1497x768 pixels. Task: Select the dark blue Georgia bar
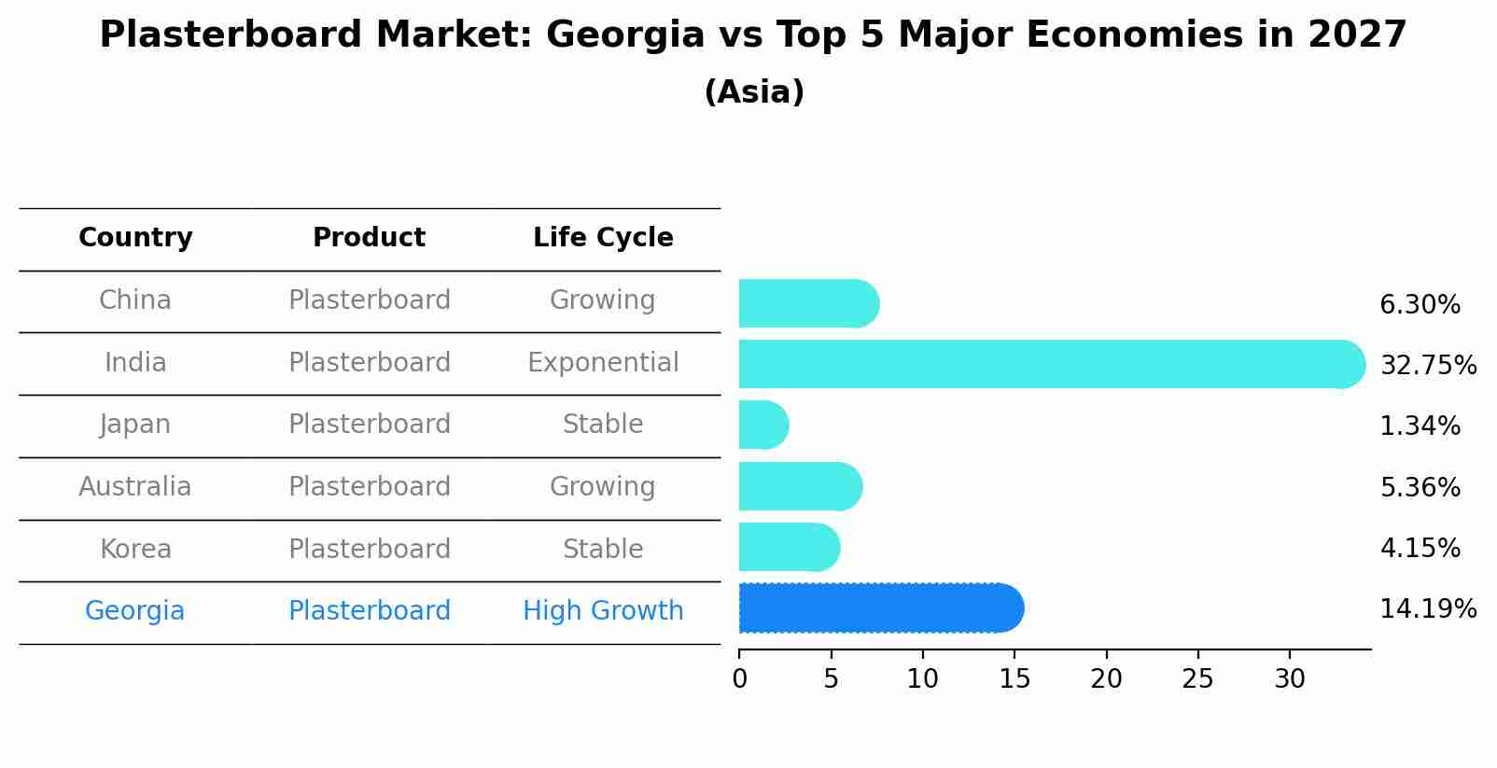click(880, 608)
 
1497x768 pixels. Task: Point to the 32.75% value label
click(1427, 366)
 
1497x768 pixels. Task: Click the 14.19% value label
click(1427, 609)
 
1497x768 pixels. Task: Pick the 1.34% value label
click(1419, 426)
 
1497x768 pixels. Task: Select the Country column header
click(135, 238)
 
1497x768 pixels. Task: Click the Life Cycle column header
click(603, 238)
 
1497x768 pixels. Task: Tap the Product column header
click(369, 238)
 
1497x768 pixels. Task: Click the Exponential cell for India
click(603, 363)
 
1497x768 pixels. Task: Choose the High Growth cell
click(603, 611)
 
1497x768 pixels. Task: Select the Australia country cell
click(135, 487)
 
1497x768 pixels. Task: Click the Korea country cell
click(135, 550)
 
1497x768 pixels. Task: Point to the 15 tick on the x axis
click(1014, 679)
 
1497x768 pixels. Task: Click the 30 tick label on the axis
click(1290, 679)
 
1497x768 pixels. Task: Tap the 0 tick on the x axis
click(740, 679)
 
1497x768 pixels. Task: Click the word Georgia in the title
click(624, 35)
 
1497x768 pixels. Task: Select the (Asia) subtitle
click(754, 92)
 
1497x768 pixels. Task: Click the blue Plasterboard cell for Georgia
click(369, 611)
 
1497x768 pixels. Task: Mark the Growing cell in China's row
click(603, 300)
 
